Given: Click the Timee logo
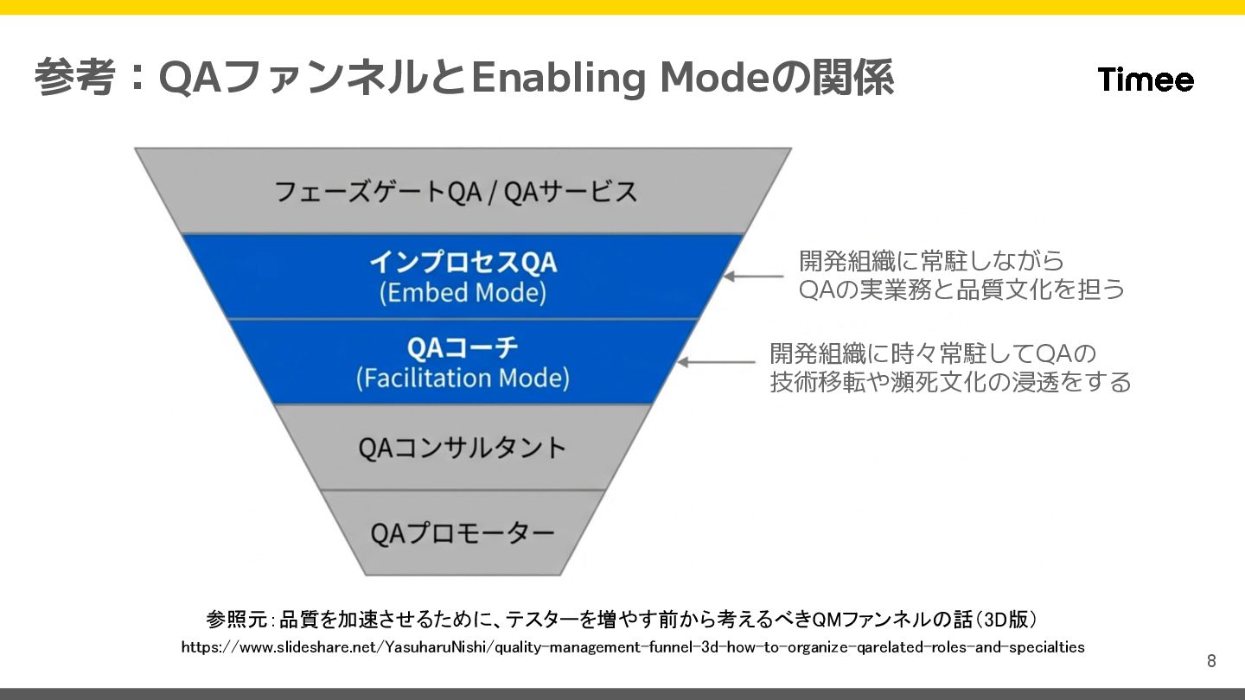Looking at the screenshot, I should pos(1146,80).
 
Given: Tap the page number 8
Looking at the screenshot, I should pos(1211,661).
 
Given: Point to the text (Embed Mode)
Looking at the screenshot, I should pos(463,292).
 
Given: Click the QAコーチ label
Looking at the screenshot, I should pos(463,347).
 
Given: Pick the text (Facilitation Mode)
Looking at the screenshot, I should pos(463,379).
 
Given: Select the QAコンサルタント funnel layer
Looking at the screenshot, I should pos(463,448).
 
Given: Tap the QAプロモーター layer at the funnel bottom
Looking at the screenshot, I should pos(463,532).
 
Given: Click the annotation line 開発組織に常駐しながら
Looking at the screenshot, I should pos(931,260).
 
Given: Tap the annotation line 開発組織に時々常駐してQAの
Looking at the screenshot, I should pos(933,353).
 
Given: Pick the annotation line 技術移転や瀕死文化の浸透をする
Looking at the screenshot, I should pos(950,382).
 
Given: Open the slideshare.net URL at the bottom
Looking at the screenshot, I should pos(632,646).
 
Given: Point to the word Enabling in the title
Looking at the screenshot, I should pos(558,79).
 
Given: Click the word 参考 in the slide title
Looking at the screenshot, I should pos(74,79).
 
